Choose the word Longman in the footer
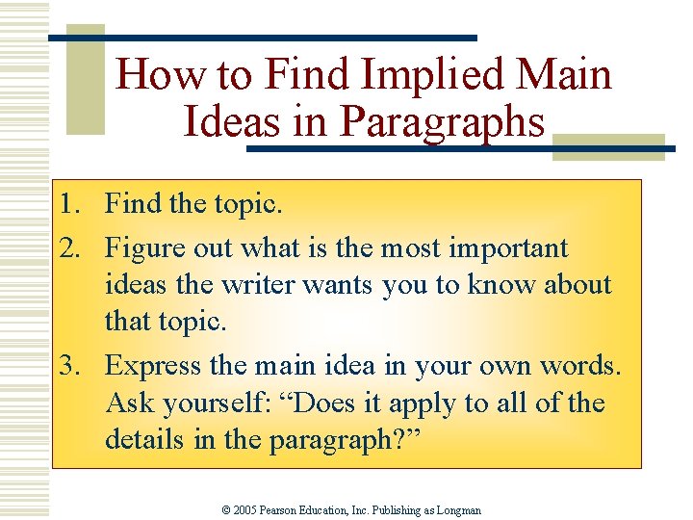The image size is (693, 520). pyautogui.click(x=459, y=509)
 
